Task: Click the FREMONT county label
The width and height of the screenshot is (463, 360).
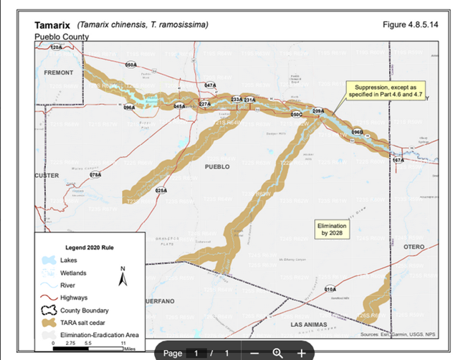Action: pyautogui.click(x=58, y=73)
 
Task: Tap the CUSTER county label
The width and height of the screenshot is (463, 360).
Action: pyautogui.click(x=47, y=175)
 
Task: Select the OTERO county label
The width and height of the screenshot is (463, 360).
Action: pyautogui.click(x=414, y=247)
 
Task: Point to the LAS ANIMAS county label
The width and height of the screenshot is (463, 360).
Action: pyautogui.click(x=312, y=325)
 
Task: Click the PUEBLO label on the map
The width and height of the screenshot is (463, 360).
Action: pyautogui.click(x=217, y=166)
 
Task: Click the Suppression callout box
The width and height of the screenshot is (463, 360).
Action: pyautogui.click(x=386, y=90)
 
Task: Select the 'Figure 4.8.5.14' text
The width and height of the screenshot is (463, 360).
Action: pyautogui.click(x=412, y=25)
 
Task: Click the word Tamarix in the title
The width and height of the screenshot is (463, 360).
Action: pyautogui.click(x=53, y=25)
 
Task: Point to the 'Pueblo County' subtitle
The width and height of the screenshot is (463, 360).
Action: pyautogui.click(x=62, y=37)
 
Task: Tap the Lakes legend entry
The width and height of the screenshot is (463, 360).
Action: pyautogui.click(x=69, y=260)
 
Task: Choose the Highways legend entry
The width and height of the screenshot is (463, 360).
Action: pyautogui.click(x=75, y=298)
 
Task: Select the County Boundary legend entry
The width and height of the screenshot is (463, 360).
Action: pyautogui.click(x=85, y=311)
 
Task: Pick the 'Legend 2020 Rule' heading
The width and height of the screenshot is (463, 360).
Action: pyautogui.click(x=90, y=247)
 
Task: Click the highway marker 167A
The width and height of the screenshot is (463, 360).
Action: pyautogui.click(x=398, y=160)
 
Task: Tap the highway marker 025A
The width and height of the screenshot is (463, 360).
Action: pyautogui.click(x=161, y=190)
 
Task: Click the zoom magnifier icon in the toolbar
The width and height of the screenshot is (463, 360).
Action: pyautogui.click(x=277, y=353)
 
